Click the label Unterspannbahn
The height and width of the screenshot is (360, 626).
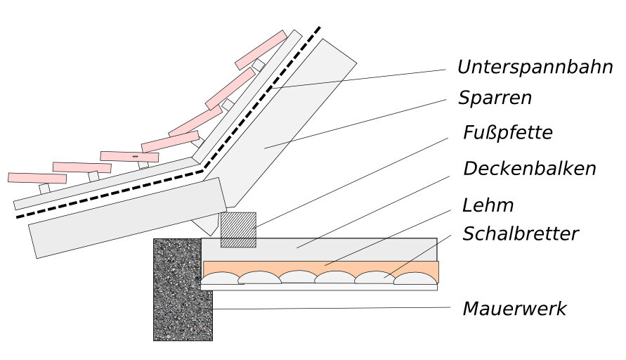coord(535,67)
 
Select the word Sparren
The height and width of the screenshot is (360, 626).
coord(495,98)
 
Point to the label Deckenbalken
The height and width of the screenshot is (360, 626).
coord(529,169)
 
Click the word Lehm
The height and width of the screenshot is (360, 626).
coord(488,205)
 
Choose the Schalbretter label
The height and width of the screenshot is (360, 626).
coord(520,234)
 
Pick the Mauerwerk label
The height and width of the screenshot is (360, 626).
coord(514,308)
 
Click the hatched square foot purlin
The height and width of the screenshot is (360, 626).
coord(239,229)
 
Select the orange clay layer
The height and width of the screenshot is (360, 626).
coord(320,266)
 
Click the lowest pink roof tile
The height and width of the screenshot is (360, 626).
coord(37,177)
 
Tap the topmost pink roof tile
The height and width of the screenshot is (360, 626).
coord(261,49)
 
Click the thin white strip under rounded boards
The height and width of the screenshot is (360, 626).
coord(320,287)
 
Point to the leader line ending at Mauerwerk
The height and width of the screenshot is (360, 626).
coord(330,308)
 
